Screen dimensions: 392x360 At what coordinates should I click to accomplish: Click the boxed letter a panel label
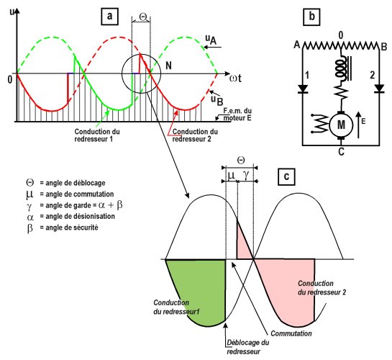(109, 17)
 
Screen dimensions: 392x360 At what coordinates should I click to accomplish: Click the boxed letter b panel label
(311, 17)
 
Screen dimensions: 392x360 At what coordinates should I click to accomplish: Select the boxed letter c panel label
(286, 176)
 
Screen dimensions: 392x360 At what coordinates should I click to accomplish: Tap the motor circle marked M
(341, 125)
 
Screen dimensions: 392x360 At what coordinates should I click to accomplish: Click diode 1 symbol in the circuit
(303, 89)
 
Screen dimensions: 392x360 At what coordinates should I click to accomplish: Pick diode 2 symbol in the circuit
(379, 89)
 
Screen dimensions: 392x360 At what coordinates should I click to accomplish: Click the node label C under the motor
(341, 152)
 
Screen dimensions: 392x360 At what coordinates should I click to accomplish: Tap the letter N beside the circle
(169, 66)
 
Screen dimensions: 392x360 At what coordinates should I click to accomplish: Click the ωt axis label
(235, 78)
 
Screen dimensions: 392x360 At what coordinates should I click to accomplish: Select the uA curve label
(211, 40)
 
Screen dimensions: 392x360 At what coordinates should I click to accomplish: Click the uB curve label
(216, 100)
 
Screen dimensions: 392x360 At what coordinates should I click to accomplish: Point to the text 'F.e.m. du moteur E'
(237, 114)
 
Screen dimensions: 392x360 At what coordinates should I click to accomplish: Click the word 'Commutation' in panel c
(291, 333)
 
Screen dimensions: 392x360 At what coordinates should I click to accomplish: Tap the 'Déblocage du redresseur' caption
(247, 347)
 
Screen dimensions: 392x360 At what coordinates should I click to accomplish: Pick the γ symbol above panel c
(246, 175)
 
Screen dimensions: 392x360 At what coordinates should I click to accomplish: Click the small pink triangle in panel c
(242, 246)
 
